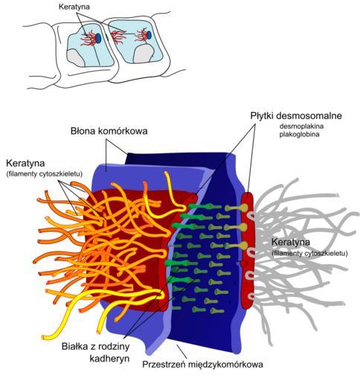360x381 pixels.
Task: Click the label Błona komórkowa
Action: pos(109,131)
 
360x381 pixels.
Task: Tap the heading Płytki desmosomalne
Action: pos(296,116)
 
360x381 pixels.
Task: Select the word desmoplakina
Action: pos(301,127)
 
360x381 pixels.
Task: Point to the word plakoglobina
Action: pos(299,135)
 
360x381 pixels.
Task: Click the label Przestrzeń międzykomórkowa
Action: pos(202,365)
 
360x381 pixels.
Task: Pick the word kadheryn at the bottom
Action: pos(109,359)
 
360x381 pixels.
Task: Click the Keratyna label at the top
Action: pos(74,7)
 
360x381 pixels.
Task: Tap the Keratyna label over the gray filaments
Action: pos(291,242)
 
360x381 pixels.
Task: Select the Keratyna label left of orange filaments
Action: pos(25,163)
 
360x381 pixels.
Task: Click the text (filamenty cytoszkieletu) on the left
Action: pos(44,174)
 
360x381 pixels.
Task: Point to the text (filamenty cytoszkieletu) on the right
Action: pos(309,253)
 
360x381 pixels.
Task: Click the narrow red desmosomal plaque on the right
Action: pos(248,251)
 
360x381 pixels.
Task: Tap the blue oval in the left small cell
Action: pos(98,38)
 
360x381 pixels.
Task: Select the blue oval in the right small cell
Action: pos(149,35)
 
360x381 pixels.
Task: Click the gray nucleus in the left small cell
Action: pos(75,58)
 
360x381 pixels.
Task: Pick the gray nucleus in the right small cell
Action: pos(144,54)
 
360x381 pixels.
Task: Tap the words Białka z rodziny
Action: pos(95,346)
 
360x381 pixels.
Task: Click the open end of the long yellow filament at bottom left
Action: pos(44,337)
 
